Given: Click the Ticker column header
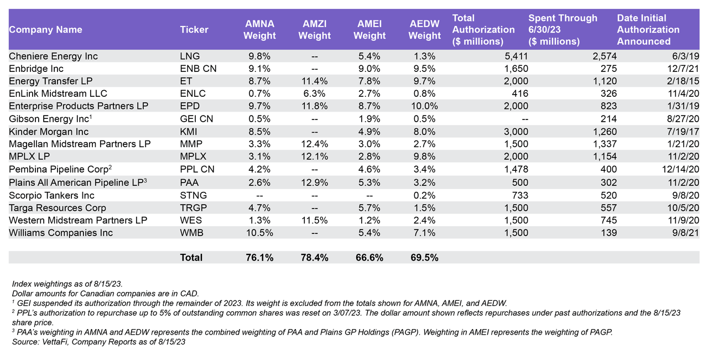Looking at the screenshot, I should (x=194, y=30).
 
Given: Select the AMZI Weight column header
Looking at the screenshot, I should (x=315, y=30).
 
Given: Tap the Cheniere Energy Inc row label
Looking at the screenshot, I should (x=53, y=56).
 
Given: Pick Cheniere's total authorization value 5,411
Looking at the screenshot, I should (x=517, y=56).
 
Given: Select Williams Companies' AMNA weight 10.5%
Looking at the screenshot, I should (x=259, y=233).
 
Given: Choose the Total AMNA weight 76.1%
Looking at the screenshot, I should (x=259, y=258).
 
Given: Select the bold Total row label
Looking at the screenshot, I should (x=191, y=258).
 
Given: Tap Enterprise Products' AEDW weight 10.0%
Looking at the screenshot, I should (x=425, y=106).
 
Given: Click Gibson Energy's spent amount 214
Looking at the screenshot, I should (x=608, y=119).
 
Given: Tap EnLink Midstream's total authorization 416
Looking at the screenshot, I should (x=520, y=93).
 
